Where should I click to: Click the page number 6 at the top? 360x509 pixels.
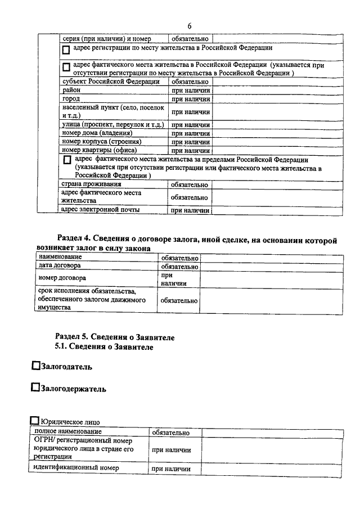tap(190, 26)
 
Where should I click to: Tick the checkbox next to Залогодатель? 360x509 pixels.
tap(36, 366)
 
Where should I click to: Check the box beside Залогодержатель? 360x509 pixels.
tap(36, 388)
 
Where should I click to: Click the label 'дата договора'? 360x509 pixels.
tap(59, 265)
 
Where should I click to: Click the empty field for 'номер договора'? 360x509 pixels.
tap(271, 280)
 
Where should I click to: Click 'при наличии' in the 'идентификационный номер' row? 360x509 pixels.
tap(171, 469)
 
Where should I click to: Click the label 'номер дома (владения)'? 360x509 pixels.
tap(97, 133)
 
